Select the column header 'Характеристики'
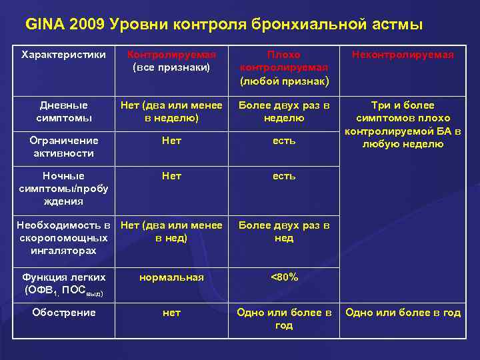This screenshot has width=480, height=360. point(63,55)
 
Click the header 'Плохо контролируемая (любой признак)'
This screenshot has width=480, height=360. point(284,67)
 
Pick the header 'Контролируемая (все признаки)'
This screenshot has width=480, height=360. point(171,61)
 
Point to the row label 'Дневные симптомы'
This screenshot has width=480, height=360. point(63,111)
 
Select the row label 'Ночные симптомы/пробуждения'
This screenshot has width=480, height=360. point(63,188)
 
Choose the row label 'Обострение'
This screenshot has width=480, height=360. point(63,313)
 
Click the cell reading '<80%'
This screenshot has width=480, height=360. point(284,277)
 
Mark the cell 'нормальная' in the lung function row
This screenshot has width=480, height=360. point(171,277)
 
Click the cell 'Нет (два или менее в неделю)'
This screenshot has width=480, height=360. point(171,111)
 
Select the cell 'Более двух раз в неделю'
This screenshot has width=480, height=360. point(284,111)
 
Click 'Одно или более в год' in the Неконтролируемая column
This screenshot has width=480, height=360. point(403,313)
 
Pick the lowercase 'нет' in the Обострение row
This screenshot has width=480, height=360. point(171,313)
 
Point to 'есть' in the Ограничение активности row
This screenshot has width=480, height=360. point(284,141)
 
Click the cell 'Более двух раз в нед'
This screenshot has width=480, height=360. point(284,231)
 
